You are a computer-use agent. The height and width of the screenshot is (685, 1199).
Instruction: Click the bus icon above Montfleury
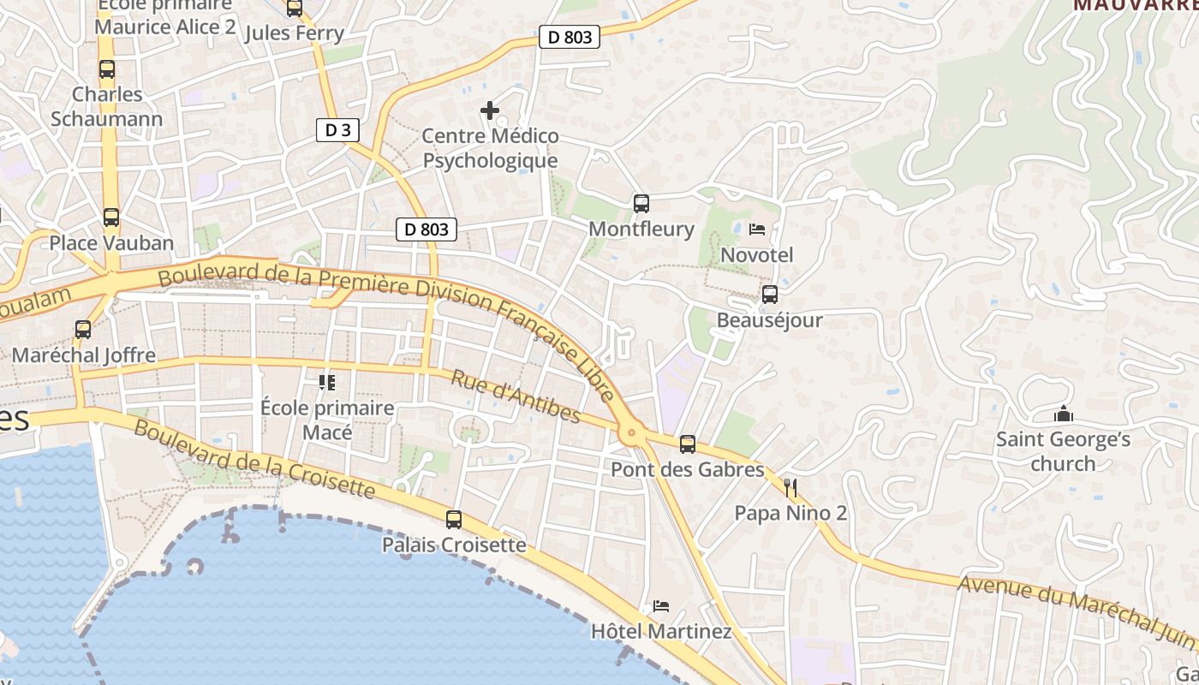[x=641, y=204]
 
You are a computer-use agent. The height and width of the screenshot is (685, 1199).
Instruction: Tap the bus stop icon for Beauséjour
[x=770, y=295]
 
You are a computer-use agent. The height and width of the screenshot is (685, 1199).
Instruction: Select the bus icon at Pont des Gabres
[x=688, y=444]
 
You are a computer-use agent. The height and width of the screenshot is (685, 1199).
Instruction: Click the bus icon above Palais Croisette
[x=454, y=519]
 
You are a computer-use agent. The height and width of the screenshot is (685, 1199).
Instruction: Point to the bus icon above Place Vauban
[x=111, y=217]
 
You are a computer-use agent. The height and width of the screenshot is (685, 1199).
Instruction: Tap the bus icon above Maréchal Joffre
[x=83, y=330]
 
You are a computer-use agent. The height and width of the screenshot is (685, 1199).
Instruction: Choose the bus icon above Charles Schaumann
[x=107, y=69]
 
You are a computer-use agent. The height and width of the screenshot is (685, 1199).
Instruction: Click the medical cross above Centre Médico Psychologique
[x=490, y=110]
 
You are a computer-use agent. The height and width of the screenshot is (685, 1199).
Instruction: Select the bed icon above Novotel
[x=757, y=229]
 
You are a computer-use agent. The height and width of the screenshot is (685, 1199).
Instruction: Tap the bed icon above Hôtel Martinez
[x=661, y=606]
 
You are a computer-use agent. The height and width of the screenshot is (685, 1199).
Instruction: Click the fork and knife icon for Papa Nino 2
[x=790, y=488]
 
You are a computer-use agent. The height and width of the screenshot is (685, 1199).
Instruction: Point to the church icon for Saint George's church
[x=1064, y=415]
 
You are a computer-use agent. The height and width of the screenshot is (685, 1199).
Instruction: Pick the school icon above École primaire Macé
[x=327, y=382]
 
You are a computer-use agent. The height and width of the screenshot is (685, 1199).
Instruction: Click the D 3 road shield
[x=337, y=130]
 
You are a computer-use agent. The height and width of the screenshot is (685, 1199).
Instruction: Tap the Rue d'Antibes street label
[x=516, y=396]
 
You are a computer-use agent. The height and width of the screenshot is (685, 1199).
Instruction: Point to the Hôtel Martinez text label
[x=661, y=632]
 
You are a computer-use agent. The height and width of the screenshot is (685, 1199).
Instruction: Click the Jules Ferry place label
[x=295, y=33]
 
